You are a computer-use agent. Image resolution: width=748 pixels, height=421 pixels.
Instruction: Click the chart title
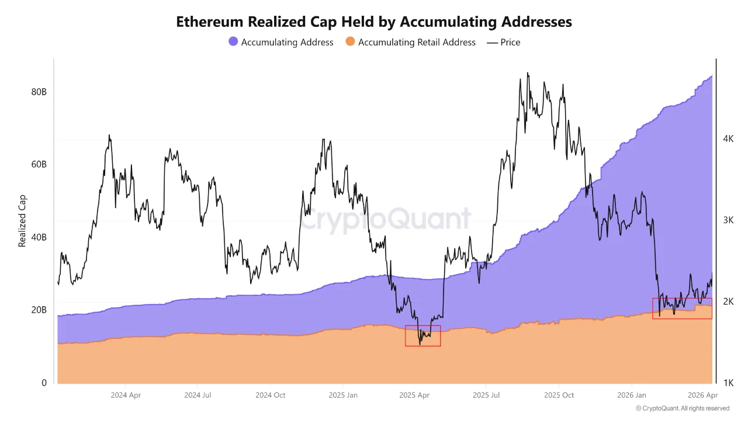(x=374, y=22)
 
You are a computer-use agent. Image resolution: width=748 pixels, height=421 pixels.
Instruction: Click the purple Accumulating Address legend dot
(x=233, y=42)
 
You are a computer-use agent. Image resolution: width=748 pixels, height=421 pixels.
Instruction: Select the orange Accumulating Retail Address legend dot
(x=351, y=42)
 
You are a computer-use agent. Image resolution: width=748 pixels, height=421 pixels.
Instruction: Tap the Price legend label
(x=510, y=42)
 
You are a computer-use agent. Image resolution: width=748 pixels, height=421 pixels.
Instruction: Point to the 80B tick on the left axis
(x=39, y=92)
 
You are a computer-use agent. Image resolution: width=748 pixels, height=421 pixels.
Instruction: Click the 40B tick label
(x=39, y=237)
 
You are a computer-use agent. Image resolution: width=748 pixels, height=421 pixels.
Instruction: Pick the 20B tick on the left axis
(x=39, y=310)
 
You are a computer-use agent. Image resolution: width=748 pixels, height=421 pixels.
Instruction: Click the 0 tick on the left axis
(x=44, y=383)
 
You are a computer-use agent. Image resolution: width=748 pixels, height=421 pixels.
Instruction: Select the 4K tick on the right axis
(x=728, y=139)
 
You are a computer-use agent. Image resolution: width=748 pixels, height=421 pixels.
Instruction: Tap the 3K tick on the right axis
(x=728, y=220)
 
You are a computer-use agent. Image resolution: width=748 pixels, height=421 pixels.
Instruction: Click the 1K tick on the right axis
(x=728, y=383)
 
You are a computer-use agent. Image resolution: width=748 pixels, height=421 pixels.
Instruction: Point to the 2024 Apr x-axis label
(x=126, y=395)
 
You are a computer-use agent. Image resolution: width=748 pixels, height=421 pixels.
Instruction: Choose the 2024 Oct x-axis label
(x=270, y=395)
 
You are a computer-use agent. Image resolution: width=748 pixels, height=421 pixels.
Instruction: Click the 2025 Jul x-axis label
(x=486, y=395)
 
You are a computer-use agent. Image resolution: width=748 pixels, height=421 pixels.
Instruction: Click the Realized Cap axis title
(x=23, y=220)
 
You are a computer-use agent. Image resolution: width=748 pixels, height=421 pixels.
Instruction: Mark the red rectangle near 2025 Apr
(x=423, y=336)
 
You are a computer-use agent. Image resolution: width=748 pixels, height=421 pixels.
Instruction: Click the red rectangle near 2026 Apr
(x=682, y=308)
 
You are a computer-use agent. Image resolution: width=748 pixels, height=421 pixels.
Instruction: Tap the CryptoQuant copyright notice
(x=682, y=408)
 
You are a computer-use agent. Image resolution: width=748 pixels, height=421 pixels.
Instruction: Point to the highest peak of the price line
(x=528, y=73)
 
